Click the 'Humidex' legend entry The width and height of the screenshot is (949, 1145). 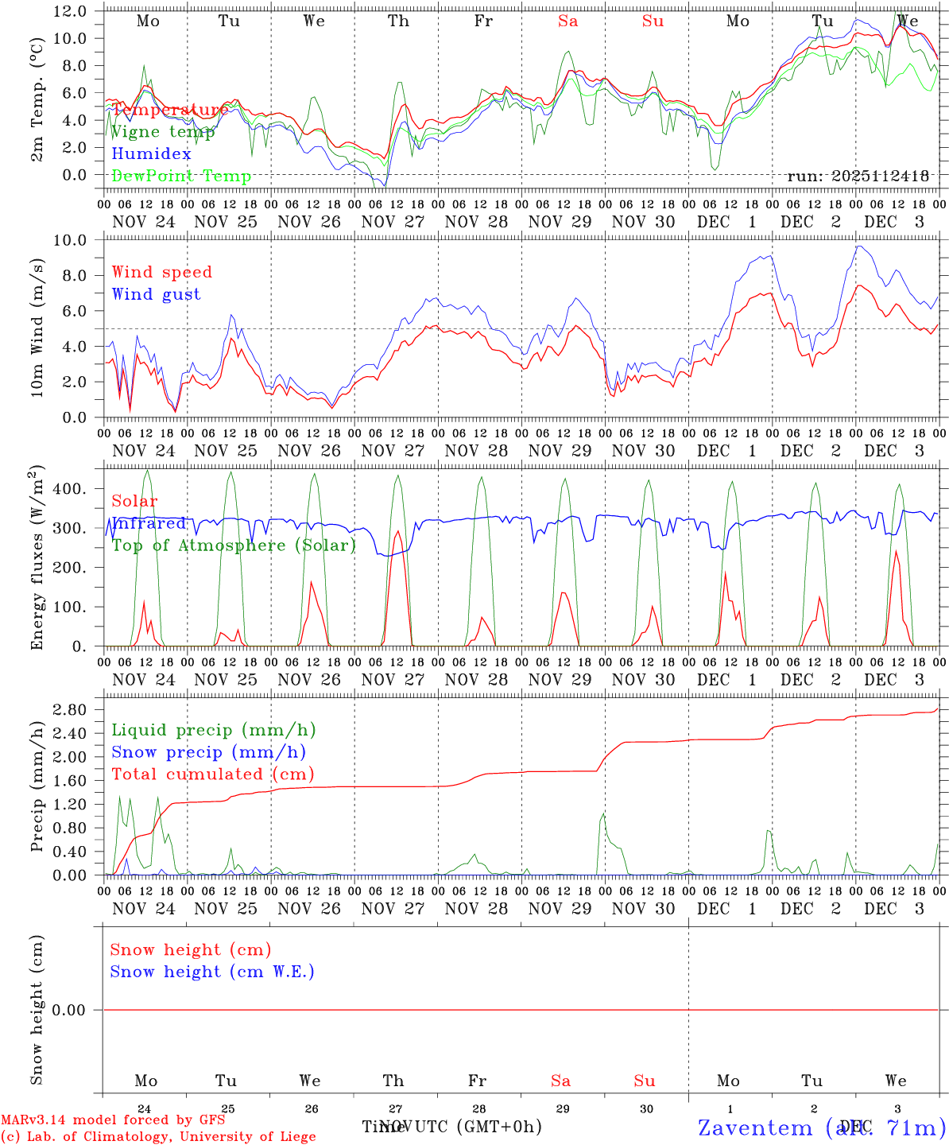tap(151, 154)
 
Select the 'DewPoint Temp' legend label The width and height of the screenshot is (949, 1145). tap(181, 177)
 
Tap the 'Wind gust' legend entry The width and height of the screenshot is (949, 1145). tap(156, 294)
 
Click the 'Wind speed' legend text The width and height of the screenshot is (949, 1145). tap(162, 272)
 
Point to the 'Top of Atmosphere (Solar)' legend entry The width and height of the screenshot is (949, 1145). tap(234, 545)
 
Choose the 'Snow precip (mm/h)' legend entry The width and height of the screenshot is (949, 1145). tap(208, 752)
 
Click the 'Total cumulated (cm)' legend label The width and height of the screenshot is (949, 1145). tap(213, 774)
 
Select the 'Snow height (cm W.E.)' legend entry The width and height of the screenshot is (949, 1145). tap(212, 972)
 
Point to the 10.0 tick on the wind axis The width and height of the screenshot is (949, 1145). tap(76, 240)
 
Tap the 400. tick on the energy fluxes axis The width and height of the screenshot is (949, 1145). tap(72, 489)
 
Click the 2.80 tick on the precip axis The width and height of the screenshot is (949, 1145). tap(70, 709)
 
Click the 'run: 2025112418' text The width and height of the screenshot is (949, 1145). tap(858, 177)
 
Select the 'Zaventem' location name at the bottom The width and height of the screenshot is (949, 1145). tap(755, 1128)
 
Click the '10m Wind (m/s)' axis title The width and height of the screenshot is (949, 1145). tap(37, 328)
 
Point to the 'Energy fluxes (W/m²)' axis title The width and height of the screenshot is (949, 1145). tap(37, 559)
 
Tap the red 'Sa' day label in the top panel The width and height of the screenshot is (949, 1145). tap(567, 21)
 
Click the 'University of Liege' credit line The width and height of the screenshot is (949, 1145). tap(158, 1137)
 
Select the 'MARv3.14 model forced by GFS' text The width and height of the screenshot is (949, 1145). tap(113, 1120)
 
